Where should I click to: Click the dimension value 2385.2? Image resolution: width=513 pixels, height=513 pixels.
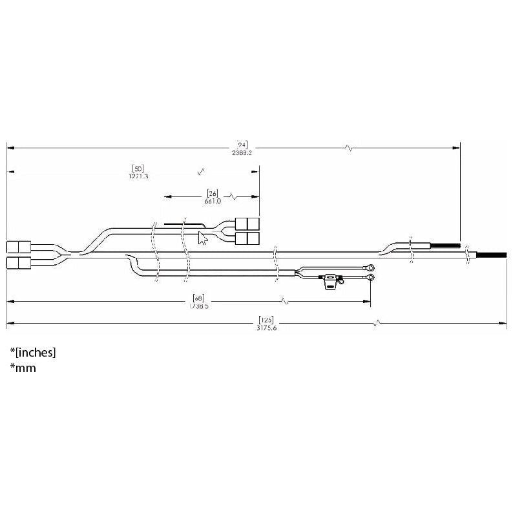point(242,153)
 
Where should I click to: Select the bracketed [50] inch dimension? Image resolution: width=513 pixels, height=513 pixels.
point(138,169)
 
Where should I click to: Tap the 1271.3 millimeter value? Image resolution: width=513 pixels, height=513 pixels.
point(138,176)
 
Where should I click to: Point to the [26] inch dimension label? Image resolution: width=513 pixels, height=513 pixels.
point(213,193)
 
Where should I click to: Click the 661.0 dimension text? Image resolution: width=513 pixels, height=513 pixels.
point(213,201)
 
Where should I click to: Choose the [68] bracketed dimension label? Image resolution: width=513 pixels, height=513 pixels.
point(199,298)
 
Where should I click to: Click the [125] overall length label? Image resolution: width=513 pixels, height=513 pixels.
point(265,319)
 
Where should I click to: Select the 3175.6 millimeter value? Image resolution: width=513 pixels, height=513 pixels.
point(265,327)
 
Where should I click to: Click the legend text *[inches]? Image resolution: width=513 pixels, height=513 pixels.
point(33,352)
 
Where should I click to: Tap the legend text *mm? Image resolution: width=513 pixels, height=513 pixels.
point(23,368)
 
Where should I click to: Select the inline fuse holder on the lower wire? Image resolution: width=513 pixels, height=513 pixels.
point(332,281)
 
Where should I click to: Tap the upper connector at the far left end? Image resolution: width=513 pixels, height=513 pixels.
point(19,246)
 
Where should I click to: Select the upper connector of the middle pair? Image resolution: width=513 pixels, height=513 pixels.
point(247,224)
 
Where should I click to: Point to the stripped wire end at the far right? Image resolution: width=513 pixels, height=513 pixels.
point(492,256)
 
